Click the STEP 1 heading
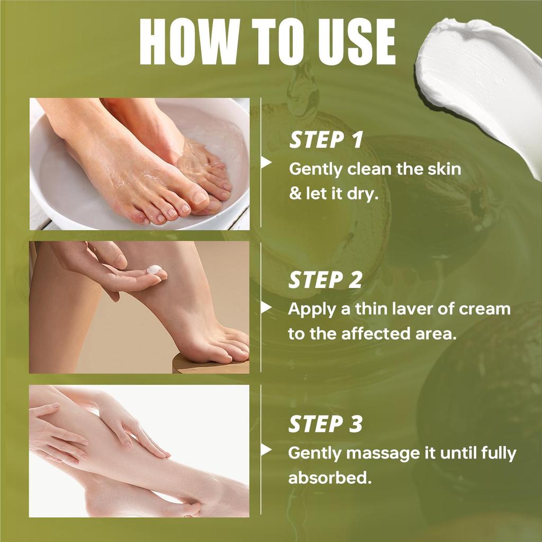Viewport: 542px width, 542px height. (326, 140)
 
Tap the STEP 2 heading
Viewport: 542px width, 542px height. (325, 281)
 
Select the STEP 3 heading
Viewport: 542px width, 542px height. (325, 424)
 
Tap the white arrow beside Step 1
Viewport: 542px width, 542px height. (266, 162)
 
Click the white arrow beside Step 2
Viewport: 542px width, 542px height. (266, 308)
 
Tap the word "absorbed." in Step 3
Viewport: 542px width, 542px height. (328, 478)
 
